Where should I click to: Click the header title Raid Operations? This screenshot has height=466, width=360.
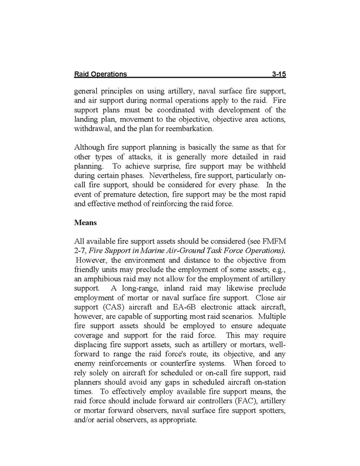pyautogui.click(x=100, y=74)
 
